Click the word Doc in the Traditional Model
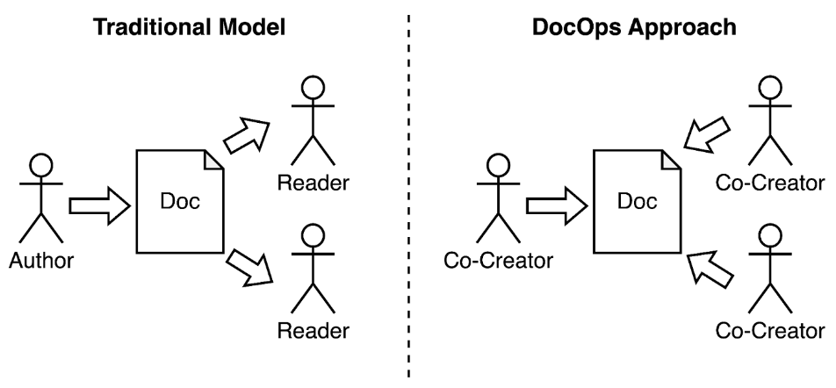click(180, 202)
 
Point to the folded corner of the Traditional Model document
click(213, 159)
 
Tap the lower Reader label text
click(313, 332)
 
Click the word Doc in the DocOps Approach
click(637, 202)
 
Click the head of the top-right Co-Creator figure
click(769, 89)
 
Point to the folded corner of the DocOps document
click(670, 159)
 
